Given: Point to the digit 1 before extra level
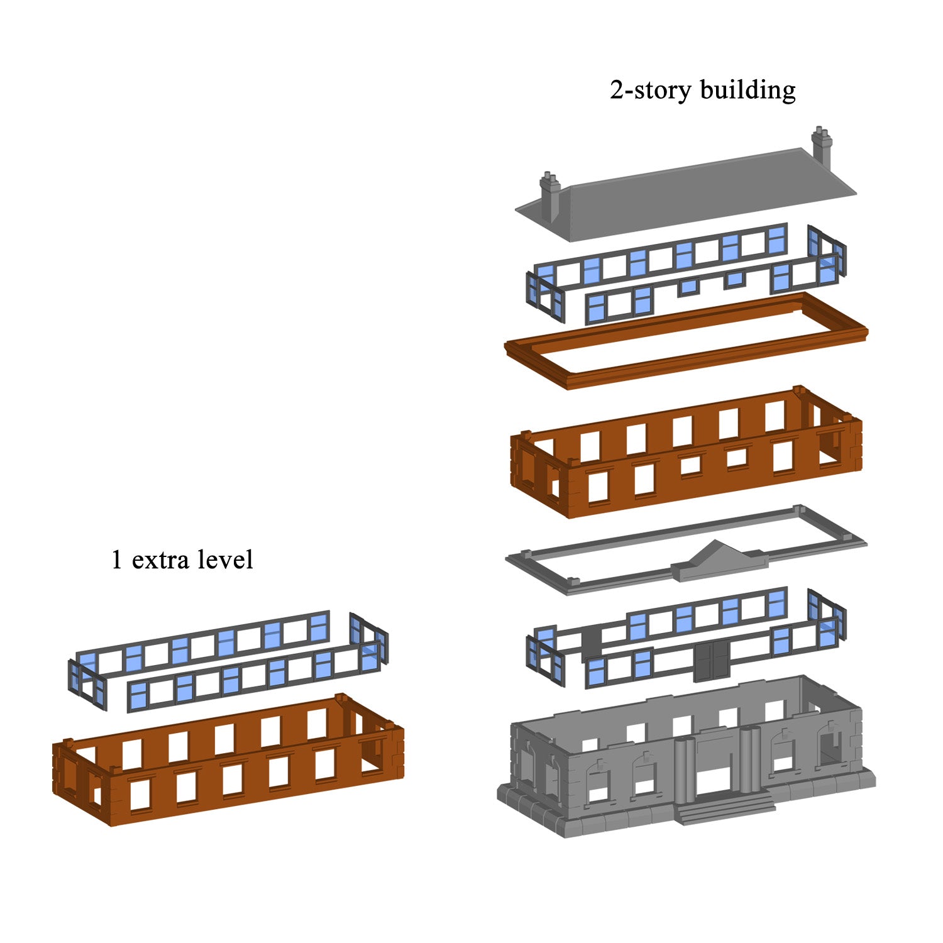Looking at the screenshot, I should coord(116,560).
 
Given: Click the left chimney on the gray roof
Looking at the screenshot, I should coord(551,195).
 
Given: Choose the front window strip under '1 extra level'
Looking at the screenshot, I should coord(251,679).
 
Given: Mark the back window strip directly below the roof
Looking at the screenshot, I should coord(660,258).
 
